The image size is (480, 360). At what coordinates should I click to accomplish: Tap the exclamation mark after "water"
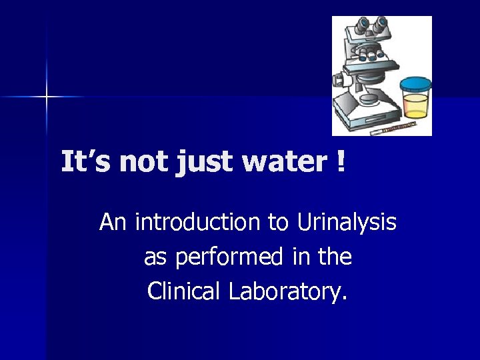click(x=341, y=162)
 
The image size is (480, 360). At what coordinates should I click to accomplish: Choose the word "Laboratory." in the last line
click(x=289, y=292)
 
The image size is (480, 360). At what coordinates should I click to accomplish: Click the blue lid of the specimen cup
click(x=415, y=85)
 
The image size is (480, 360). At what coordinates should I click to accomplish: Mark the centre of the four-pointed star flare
click(x=47, y=97)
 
